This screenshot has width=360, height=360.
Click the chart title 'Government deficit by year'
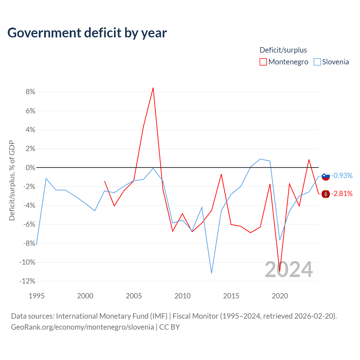pos(87,33)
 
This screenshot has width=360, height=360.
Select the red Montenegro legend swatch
pos(263,62)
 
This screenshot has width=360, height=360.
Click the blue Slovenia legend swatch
pos(317,62)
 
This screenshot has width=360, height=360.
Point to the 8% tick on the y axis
pos(30,92)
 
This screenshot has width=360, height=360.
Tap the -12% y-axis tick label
pos(27,281)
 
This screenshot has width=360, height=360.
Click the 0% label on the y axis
pos(30,168)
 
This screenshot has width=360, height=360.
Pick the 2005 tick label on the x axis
pos(134,296)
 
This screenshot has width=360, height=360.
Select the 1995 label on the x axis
pos(37,296)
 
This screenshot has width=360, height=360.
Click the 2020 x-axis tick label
pos(280,296)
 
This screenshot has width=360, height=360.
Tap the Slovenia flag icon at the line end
pos(326,176)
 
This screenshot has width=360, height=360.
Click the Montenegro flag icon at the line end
pos(326,194)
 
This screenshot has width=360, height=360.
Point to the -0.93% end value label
pos(342,175)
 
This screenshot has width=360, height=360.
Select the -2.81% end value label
pos(342,193)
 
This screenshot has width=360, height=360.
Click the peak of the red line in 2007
pos(153,88)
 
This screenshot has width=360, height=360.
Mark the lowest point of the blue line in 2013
pos(211,273)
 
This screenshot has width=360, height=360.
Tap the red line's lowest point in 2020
pos(280,271)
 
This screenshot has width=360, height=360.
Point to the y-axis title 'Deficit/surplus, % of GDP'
pos(12,181)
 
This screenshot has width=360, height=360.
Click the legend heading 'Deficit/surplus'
pos(283,50)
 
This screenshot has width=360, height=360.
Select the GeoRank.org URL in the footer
pos(82,327)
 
